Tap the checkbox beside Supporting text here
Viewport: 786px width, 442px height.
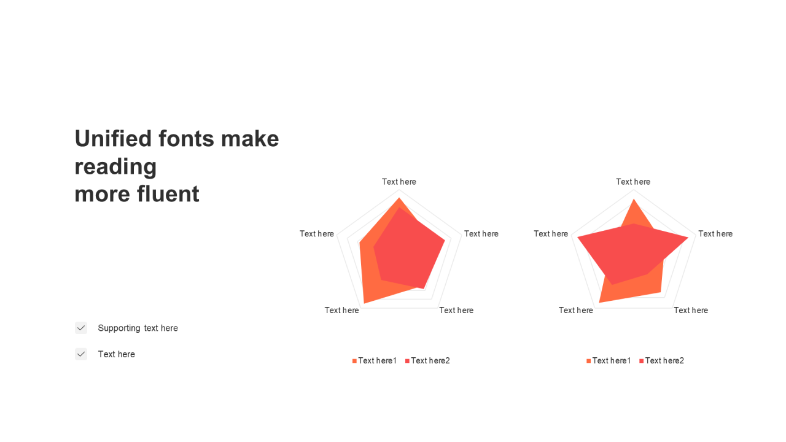point(81,328)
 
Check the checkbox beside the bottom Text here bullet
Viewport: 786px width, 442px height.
point(81,354)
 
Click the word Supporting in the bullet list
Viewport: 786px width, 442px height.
point(119,328)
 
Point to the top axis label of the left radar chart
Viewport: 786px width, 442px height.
point(399,182)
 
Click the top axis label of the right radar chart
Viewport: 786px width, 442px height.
point(633,182)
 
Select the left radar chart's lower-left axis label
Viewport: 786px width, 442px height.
point(342,310)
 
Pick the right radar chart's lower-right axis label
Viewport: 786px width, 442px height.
point(691,310)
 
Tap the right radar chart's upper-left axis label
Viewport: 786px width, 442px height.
point(551,234)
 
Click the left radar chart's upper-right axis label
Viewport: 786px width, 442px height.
point(481,234)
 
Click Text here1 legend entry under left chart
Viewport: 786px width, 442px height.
point(375,360)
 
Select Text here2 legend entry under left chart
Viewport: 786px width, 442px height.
point(427,360)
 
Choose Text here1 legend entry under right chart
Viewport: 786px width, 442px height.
point(609,360)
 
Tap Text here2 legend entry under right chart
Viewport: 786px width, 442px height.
point(662,360)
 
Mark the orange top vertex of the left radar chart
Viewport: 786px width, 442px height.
point(399,198)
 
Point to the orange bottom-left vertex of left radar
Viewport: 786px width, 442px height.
point(364,303)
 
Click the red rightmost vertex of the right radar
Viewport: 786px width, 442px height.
point(688,238)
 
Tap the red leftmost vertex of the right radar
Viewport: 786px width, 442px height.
point(578,238)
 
